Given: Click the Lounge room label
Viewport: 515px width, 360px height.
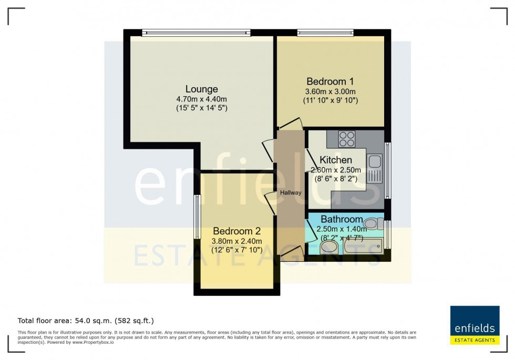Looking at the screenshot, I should click(201, 89).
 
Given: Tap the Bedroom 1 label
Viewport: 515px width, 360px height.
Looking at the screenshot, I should click(329, 81).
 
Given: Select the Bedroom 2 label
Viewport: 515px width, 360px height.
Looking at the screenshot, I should click(236, 231).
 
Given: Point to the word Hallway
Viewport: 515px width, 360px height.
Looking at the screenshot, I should click(291, 193).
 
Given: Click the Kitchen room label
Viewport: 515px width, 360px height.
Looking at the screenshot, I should click(336, 160).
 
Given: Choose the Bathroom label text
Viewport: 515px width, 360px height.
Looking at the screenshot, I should click(342, 219).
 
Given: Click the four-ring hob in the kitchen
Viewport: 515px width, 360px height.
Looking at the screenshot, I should click(346, 139).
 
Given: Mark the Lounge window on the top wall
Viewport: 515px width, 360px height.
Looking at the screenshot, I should click(196, 33).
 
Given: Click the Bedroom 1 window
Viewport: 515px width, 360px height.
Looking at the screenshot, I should click(325, 33).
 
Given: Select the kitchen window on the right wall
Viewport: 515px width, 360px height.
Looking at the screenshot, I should click(388, 170).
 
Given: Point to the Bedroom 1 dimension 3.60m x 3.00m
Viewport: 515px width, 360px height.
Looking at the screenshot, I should click(330, 91).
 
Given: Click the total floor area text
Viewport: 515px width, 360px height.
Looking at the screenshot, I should click(86, 320).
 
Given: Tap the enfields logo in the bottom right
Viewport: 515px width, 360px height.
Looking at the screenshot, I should click(475, 325).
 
